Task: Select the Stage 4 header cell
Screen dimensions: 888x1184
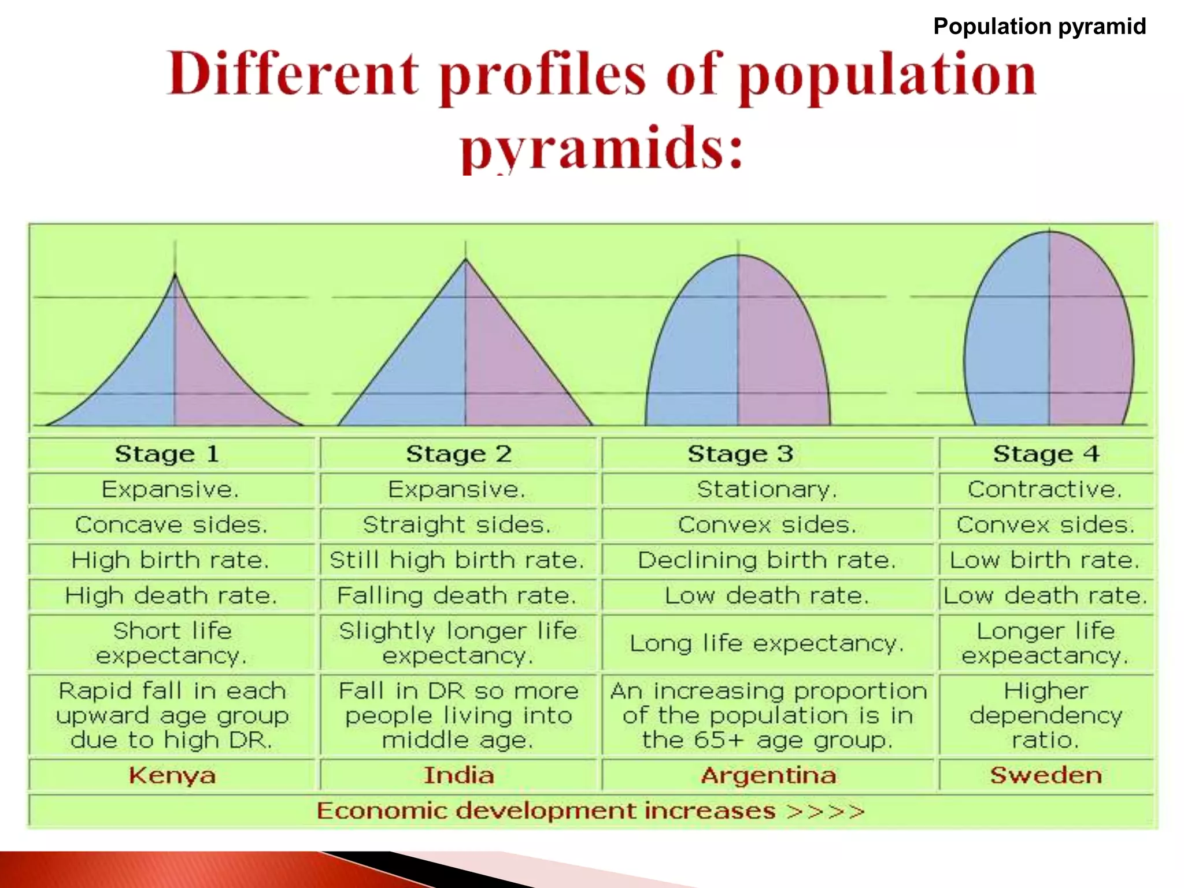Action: pyautogui.click(x=1046, y=454)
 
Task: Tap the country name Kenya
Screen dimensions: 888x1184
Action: pyautogui.click(x=172, y=775)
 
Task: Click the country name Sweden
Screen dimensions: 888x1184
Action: pyautogui.click(x=1046, y=775)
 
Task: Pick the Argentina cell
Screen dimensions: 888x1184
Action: pyautogui.click(x=768, y=775)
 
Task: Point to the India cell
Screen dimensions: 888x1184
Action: pyautogui.click(x=458, y=775)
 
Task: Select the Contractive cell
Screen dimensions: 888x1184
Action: pyautogui.click(x=1045, y=490)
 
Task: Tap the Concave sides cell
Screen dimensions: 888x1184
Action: pyautogui.click(x=171, y=525)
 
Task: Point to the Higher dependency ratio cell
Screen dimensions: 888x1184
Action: pyautogui.click(x=1045, y=715)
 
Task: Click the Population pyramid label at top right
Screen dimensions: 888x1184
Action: pyautogui.click(x=1039, y=27)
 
